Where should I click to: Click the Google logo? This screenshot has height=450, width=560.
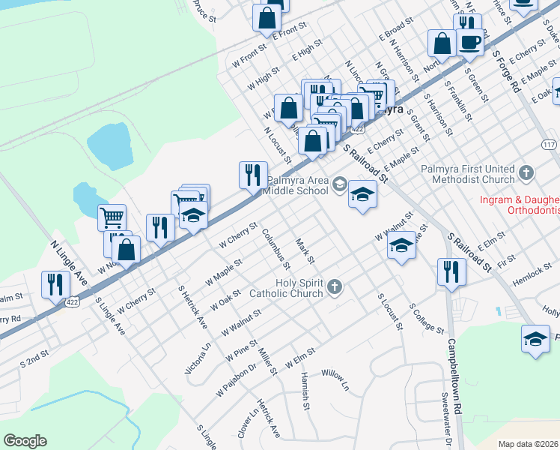click(25, 441)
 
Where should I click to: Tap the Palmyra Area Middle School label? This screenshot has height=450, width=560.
click(295, 185)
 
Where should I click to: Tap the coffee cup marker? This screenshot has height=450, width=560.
click(469, 43)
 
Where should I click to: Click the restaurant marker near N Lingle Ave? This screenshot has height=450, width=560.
click(55, 284)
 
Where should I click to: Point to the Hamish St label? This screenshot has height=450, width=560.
click(305, 393)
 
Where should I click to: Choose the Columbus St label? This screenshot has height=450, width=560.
click(276, 248)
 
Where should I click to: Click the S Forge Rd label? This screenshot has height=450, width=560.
click(506, 72)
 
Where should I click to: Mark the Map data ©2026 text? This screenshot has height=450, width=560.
click(529, 444)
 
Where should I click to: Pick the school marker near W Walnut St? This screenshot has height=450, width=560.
click(401, 246)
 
